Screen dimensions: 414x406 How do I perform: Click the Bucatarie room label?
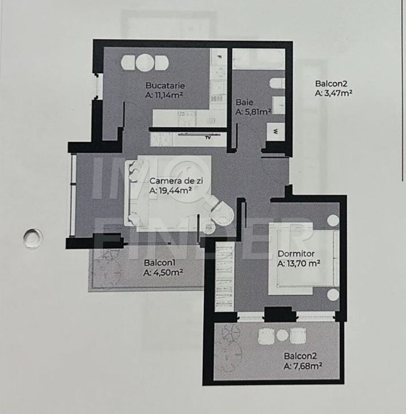point(165,86)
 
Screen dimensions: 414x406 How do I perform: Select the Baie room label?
point(244,102)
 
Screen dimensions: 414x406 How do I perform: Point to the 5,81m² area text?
point(253,111)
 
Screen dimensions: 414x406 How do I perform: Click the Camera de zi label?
point(176,180)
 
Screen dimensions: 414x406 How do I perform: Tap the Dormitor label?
point(296,254)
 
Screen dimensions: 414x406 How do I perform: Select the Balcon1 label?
point(157,263)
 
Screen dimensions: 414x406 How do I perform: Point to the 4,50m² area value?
point(163,273)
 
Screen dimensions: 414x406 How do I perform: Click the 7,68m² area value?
point(304,366)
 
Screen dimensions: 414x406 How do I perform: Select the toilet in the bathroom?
point(276,84)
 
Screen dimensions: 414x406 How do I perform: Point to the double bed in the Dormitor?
point(303,262)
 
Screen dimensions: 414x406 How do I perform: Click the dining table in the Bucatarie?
point(145,63)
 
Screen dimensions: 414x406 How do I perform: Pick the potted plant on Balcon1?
point(107,264)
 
